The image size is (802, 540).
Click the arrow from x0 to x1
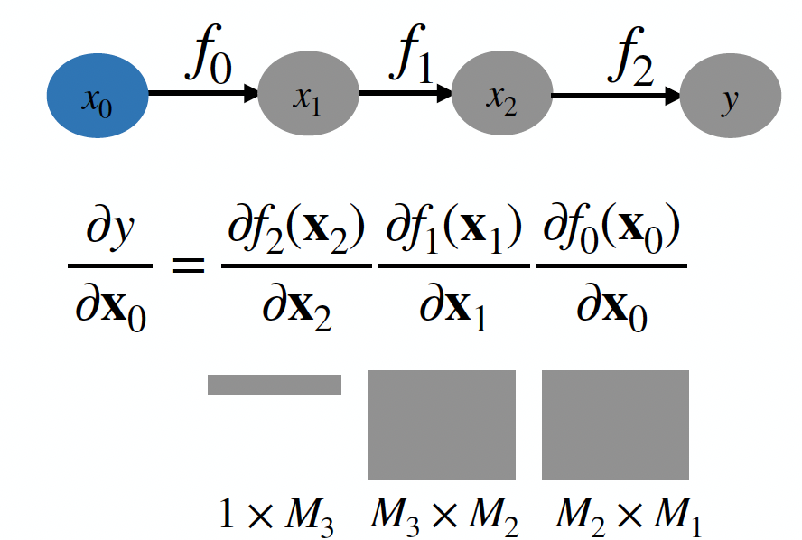pyautogui.click(x=202, y=92)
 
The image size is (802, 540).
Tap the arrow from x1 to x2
pyautogui.click(x=406, y=92)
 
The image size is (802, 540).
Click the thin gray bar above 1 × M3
pyautogui.click(x=275, y=385)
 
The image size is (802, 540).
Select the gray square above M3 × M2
pyautogui.click(x=442, y=424)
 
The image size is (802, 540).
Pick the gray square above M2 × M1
pyautogui.click(x=615, y=424)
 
